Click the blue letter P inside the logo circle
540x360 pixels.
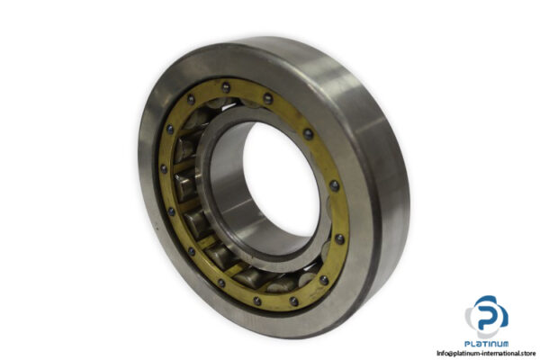(x=486, y=314)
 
